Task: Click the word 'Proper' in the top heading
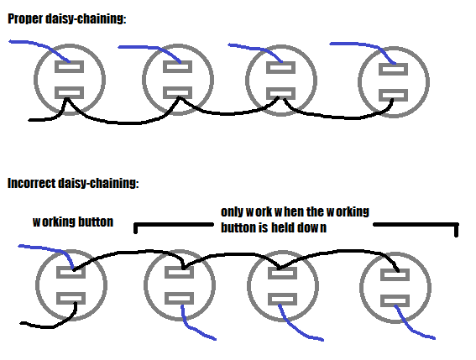pos(25,18)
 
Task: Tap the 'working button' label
pos(73,222)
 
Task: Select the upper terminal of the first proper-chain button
pos(69,67)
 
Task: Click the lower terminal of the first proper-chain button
pos(69,93)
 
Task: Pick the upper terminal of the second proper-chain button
pos(178,67)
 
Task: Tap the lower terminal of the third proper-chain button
pos(280,94)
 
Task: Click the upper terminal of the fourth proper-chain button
pos(394,69)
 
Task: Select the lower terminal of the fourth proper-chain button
pos(394,96)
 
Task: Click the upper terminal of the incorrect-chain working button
pos(71,272)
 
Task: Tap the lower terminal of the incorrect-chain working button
pos(71,299)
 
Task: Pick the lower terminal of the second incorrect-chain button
pos(179,299)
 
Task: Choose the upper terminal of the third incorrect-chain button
pos(282,274)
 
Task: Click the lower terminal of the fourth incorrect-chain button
pos(395,300)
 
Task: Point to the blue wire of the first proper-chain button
pos(43,45)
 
